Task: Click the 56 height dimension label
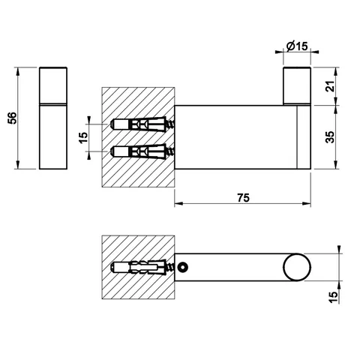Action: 13,118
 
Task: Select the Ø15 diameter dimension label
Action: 297,46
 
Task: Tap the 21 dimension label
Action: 331,86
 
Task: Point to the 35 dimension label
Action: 331,137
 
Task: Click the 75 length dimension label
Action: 243,198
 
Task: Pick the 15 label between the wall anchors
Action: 83,137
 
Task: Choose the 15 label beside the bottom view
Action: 333,297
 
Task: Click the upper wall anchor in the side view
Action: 142,124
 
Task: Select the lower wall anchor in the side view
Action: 142,151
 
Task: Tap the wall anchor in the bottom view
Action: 142,267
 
